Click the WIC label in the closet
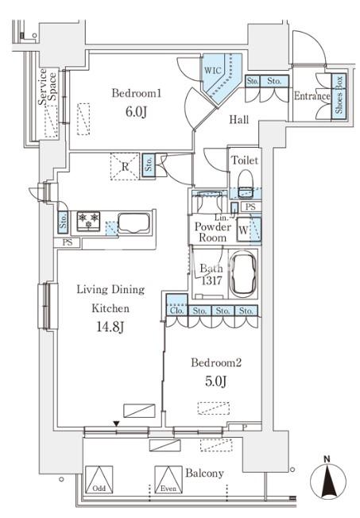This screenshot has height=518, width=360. (212, 70)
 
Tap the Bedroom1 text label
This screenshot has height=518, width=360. (137, 93)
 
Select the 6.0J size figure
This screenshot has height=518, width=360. (136, 112)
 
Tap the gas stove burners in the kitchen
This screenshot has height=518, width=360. (88, 221)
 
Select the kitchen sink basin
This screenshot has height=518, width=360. (134, 223)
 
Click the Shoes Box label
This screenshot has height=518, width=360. (339, 95)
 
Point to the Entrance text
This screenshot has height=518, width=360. (312, 96)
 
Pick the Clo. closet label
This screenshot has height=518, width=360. (177, 311)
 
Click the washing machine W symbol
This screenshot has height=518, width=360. (243, 230)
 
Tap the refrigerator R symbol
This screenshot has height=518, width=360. (125, 167)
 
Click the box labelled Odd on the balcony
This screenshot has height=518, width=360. (99, 480)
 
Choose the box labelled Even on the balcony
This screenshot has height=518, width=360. (168, 480)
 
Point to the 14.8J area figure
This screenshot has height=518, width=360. (110, 327)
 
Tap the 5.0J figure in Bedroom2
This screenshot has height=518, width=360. (216, 381)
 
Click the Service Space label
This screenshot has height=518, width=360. (47, 87)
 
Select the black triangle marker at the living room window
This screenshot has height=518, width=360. (116, 423)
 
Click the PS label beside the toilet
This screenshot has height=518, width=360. (250, 207)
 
